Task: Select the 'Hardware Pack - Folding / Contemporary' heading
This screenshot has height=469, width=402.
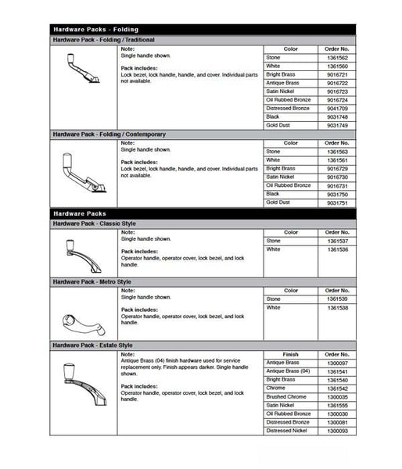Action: coord(109,134)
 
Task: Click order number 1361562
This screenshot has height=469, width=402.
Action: coord(336,58)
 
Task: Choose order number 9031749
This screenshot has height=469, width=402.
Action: coord(336,125)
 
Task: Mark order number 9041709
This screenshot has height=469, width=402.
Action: coord(336,109)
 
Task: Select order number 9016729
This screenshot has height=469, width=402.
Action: coord(336,169)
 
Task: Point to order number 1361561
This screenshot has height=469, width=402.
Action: coord(336,160)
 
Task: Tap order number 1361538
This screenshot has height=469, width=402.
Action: coord(336,308)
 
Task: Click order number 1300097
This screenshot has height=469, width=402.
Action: coord(336,363)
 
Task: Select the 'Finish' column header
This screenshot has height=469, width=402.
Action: coord(290,354)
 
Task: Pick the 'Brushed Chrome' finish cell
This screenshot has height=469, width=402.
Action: coord(285,396)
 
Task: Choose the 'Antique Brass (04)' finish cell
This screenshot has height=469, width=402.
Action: coord(289,371)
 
